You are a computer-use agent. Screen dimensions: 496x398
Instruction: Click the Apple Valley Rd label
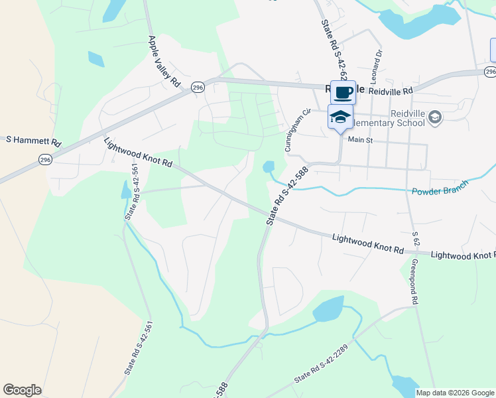(x=164, y=61)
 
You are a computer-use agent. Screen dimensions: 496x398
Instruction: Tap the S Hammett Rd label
(x=33, y=141)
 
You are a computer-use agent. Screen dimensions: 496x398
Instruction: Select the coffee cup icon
(x=343, y=92)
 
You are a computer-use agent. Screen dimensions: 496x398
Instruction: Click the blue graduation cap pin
(x=340, y=117)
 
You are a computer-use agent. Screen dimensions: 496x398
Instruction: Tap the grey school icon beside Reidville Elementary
(x=435, y=118)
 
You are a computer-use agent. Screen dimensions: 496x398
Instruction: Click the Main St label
(x=361, y=140)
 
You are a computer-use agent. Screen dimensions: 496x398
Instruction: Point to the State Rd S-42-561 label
(x=131, y=192)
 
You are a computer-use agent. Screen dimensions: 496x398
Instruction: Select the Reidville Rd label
(x=391, y=90)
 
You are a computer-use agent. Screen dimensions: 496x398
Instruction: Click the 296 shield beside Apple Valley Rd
(x=197, y=88)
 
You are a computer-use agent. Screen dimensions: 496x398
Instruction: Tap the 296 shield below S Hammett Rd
(x=45, y=160)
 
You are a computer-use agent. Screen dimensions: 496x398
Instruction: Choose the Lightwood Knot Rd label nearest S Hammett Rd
(x=139, y=153)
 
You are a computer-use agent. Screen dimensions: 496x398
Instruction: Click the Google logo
(x=22, y=390)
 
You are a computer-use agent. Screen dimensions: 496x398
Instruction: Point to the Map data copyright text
(x=454, y=393)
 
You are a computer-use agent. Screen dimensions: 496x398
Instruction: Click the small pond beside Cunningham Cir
(x=269, y=166)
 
